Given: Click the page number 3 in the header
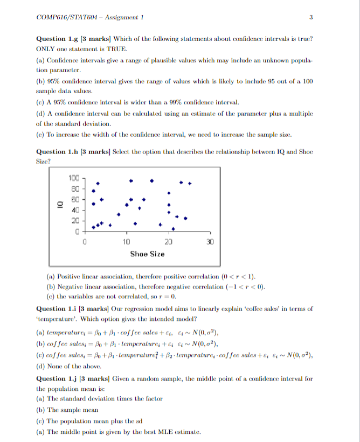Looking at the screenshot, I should click(x=311, y=17).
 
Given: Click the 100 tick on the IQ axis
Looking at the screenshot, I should click(x=74, y=178).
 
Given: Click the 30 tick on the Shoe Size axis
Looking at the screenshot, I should click(x=210, y=242).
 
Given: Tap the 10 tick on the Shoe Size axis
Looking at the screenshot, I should click(x=126, y=242).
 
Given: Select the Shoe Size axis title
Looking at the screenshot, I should click(x=147, y=254).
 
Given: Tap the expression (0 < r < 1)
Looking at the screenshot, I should click(x=237, y=276).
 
